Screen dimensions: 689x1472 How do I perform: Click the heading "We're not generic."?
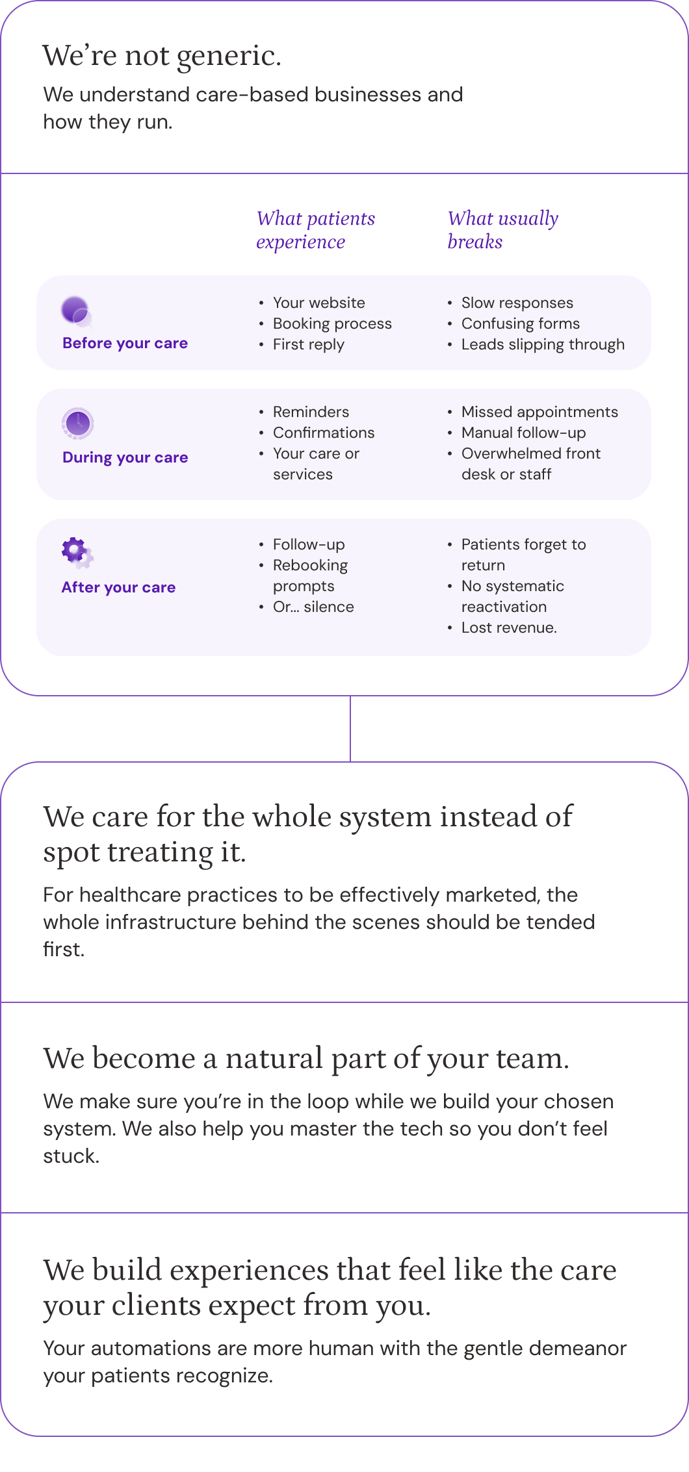pyautogui.click(x=162, y=56)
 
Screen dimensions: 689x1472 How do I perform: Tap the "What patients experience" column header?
pyautogui.click(x=316, y=230)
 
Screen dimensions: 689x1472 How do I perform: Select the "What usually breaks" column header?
pyautogui.click(x=503, y=230)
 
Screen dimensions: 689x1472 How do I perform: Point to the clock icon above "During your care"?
pyautogui.click(x=78, y=424)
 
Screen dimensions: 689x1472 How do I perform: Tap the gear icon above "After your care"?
pyautogui.click(x=77, y=553)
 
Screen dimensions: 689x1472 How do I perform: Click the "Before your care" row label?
pyautogui.click(x=125, y=343)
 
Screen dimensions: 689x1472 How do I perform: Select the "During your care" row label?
pyautogui.click(x=125, y=457)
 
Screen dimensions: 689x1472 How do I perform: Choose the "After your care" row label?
pyautogui.click(x=118, y=587)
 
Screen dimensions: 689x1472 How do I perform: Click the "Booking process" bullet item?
pyautogui.click(x=332, y=324)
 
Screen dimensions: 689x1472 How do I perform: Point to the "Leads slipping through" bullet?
pyautogui.click(x=543, y=344)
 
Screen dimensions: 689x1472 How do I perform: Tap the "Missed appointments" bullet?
pyautogui.click(x=539, y=412)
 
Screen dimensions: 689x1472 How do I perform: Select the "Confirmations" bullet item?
pyautogui.click(x=324, y=433)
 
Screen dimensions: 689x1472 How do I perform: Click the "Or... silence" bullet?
pyautogui.click(x=313, y=607)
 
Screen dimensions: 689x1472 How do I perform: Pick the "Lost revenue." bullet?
pyautogui.click(x=509, y=628)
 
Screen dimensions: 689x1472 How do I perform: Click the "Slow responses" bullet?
pyautogui.click(x=517, y=303)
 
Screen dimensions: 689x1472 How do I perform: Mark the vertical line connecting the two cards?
pyautogui.click(x=350, y=728)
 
